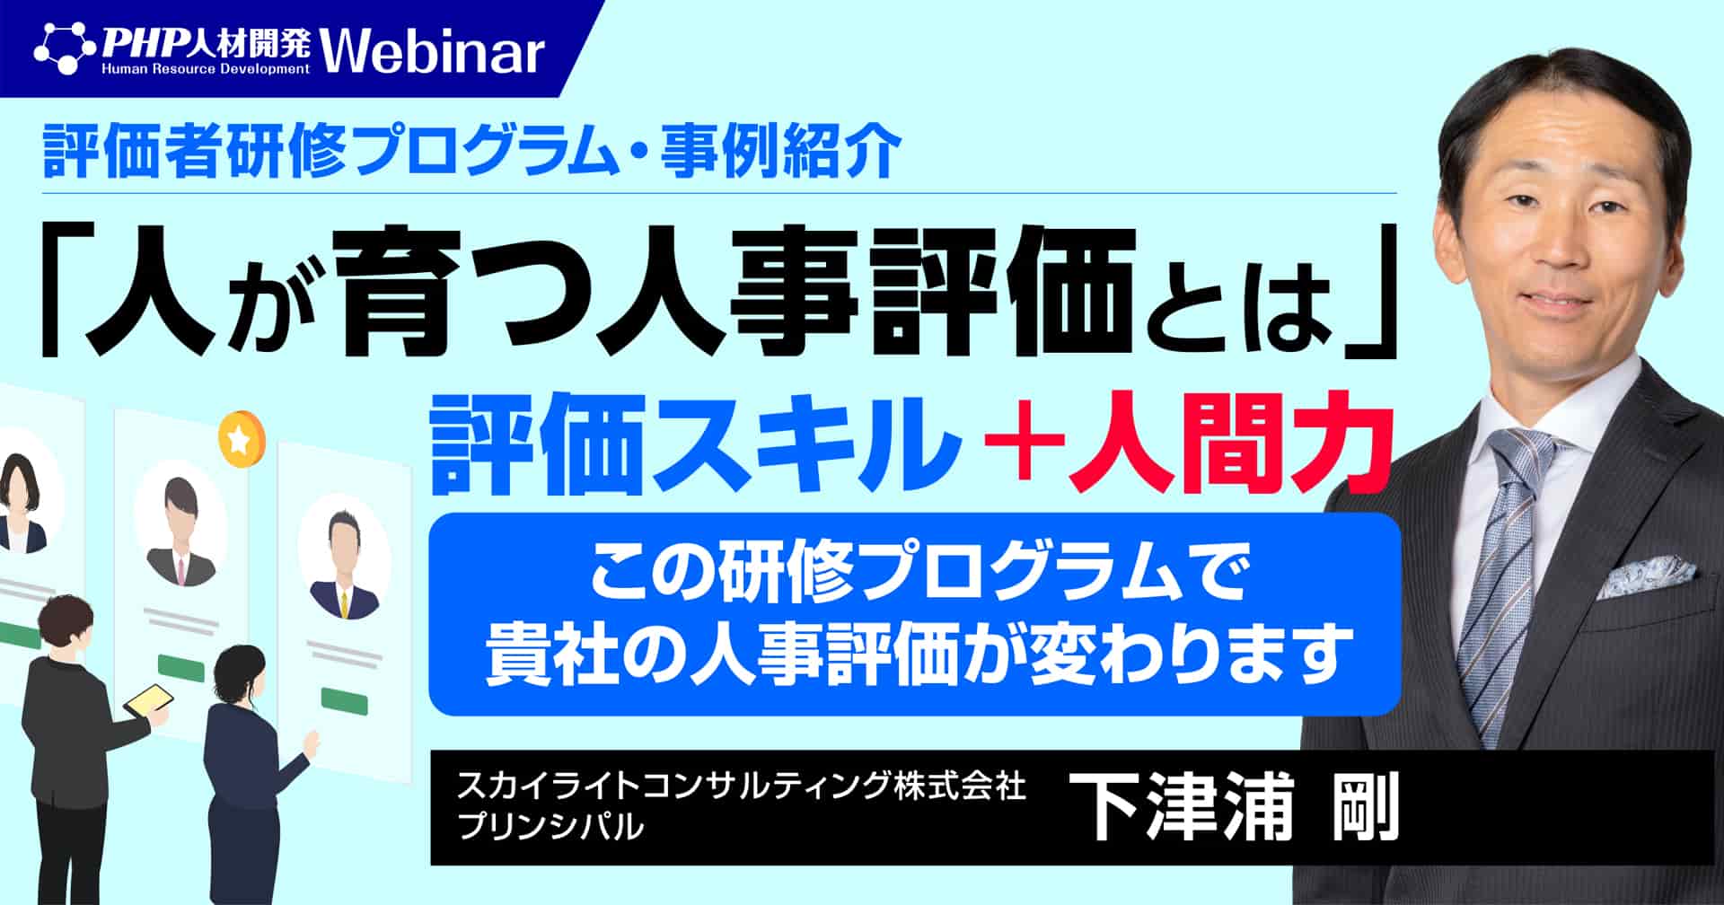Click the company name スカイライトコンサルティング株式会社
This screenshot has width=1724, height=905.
pyautogui.click(x=741, y=787)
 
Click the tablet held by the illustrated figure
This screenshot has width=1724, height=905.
pyautogui.click(x=148, y=701)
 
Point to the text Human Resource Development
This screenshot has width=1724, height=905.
pyautogui.click(x=205, y=68)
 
